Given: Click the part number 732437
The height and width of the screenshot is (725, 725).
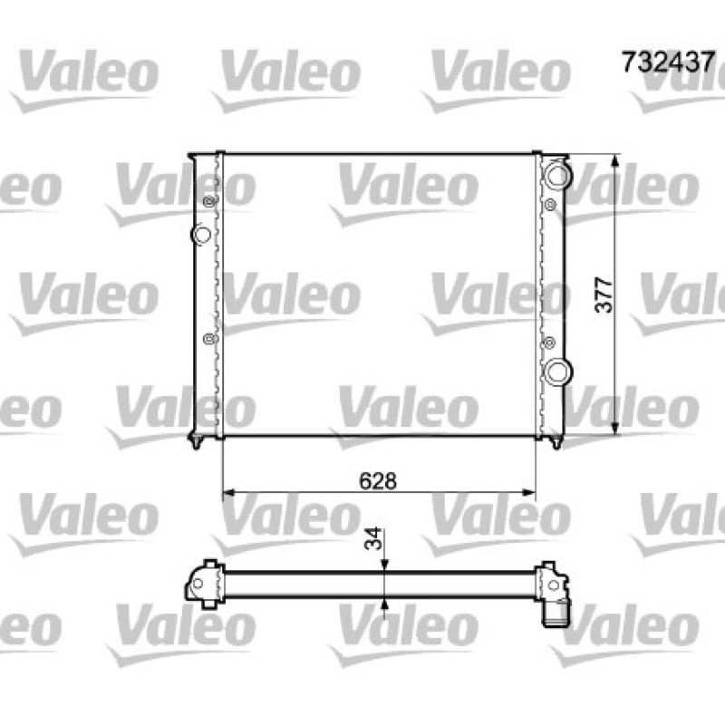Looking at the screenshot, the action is pos(668,62).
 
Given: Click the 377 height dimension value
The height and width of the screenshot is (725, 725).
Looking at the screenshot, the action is pos(604,295).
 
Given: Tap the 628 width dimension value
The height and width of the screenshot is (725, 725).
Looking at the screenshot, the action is pos(378,481).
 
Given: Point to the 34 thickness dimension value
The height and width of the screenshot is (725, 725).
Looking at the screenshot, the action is pos(373,538).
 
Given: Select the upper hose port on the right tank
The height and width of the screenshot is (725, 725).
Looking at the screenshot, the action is pos(557,174).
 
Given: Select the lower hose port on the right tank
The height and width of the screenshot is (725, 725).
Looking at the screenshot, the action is pos(557,372).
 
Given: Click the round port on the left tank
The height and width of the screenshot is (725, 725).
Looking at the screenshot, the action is pos(201,234).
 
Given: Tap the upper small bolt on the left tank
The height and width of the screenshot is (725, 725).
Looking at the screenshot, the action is pos(210,201).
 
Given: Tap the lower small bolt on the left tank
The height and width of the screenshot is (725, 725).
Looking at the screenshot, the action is pos(209,339).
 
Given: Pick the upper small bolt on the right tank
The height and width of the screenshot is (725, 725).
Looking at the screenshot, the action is pos(550,205).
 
